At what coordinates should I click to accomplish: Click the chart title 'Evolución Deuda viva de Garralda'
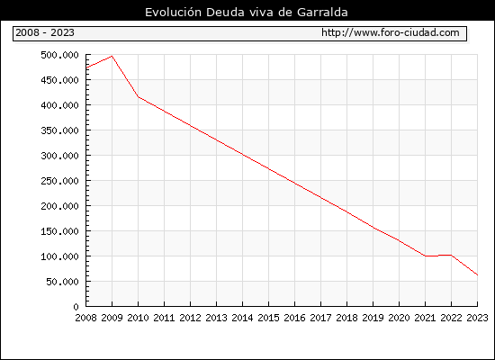(x=247, y=12)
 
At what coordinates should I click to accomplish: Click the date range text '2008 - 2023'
(x=45, y=32)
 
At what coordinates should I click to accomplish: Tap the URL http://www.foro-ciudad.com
(x=391, y=32)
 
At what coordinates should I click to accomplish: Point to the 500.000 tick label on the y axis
(x=59, y=55)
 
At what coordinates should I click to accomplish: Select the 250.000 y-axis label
(x=59, y=181)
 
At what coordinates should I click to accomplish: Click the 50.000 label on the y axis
(x=62, y=282)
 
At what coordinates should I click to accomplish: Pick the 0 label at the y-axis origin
(x=76, y=307)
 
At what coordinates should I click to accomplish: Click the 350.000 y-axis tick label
(x=59, y=130)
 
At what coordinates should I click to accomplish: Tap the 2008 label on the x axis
(x=85, y=318)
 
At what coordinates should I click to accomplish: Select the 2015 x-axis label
(x=269, y=318)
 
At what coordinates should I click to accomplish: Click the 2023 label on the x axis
(x=477, y=318)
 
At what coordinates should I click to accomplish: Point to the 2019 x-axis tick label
(x=373, y=318)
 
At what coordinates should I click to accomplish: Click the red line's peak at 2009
(x=112, y=56)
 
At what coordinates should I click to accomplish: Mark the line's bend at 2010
(x=139, y=96)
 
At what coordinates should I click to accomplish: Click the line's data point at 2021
(x=425, y=256)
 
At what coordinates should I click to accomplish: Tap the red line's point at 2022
(x=452, y=255)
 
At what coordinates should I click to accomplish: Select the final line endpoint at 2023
(x=477, y=275)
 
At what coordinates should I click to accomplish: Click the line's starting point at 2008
(x=86, y=67)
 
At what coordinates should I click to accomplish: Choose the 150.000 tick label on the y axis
(x=59, y=231)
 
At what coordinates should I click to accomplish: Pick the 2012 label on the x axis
(x=191, y=318)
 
